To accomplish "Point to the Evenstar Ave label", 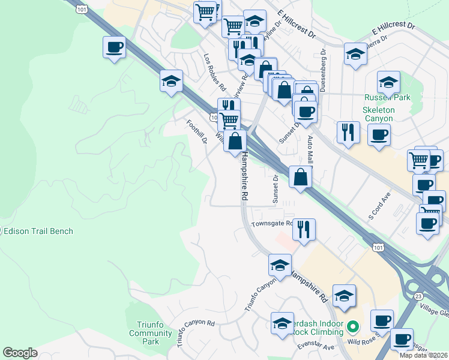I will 316,347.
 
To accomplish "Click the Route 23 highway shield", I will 418,296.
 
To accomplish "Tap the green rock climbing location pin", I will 353,328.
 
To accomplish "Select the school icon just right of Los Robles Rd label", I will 249,61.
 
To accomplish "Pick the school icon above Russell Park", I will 388,81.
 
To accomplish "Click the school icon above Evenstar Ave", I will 282,323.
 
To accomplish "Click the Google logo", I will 20,353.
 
